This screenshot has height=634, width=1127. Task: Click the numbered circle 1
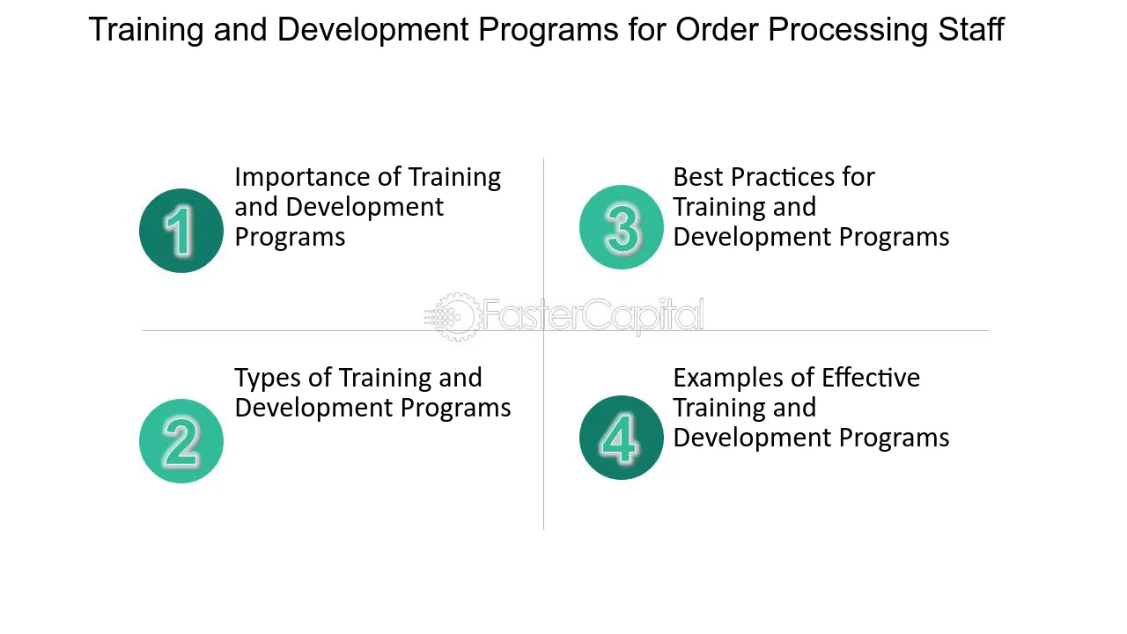click(181, 231)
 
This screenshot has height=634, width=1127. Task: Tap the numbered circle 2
click(181, 441)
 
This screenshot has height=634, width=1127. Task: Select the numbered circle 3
click(622, 227)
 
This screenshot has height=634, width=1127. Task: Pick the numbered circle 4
click(622, 438)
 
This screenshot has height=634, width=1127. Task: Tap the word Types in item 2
click(268, 379)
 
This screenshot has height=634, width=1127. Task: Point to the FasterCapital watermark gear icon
click(453, 316)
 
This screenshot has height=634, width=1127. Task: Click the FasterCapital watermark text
click(593, 315)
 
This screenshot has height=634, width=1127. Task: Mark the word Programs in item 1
click(290, 238)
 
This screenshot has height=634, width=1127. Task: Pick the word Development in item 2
click(313, 408)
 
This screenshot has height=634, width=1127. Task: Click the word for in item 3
click(858, 177)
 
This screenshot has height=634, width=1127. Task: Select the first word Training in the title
click(145, 31)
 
